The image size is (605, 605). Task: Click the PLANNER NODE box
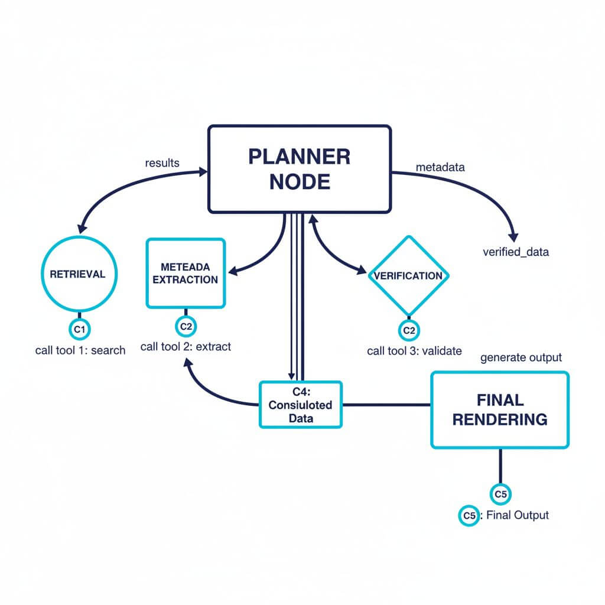(298, 168)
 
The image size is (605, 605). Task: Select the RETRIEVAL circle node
(77, 274)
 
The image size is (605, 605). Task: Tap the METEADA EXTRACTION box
(186, 273)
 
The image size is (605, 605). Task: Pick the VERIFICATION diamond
(409, 275)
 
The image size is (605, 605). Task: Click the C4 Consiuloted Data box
(301, 405)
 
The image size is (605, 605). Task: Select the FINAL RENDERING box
(500, 409)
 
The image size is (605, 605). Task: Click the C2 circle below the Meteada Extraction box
(186, 326)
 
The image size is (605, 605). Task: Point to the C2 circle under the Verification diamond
(409, 330)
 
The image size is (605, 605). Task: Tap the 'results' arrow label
(162, 162)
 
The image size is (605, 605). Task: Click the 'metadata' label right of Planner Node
(440, 167)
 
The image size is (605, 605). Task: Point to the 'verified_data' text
(516, 252)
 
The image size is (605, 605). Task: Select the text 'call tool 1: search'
(80, 350)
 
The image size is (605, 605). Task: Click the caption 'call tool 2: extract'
(186, 347)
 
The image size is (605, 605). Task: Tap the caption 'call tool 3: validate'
(414, 351)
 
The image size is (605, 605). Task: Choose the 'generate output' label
(521, 357)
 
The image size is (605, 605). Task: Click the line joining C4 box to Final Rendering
(387, 405)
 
